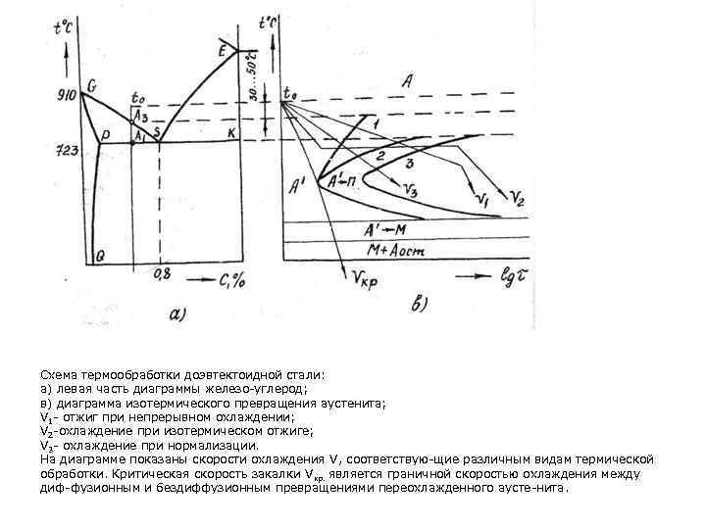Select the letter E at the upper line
[x=223, y=49]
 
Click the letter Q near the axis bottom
[x=100, y=255]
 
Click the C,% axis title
[x=230, y=281]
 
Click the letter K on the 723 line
[x=231, y=132]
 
